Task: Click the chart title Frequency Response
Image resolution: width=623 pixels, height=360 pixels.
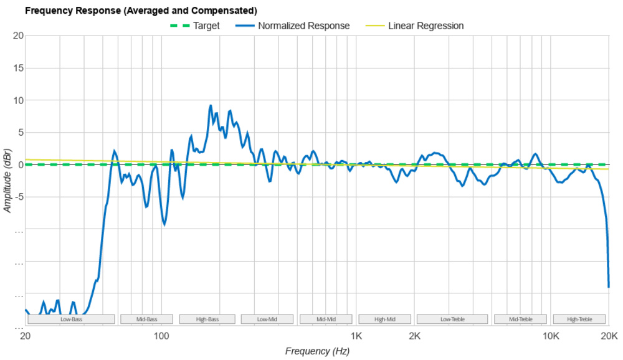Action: [x=140, y=11]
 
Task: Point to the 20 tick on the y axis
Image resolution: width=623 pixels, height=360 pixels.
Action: [x=19, y=36]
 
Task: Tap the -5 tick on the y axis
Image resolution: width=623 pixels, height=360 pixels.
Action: [x=19, y=197]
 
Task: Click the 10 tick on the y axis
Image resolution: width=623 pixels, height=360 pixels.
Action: [x=19, y=100]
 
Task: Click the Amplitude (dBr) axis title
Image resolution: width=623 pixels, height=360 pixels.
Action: [x=7, y=181]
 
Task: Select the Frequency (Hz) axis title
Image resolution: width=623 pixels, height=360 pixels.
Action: [x=317, y=351]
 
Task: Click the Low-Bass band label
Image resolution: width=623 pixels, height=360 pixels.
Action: [x=71, y=320]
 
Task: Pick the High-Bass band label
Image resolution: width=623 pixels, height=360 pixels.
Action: [x=207, y=320]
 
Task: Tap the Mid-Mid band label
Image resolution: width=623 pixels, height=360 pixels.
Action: [x=326, y=320]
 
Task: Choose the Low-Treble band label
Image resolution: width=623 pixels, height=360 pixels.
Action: [x=452, y=320]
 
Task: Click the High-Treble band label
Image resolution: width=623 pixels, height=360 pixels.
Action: [x=579, y=320]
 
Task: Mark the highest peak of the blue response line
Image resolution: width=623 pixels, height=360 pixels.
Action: [x=211, y=105]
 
